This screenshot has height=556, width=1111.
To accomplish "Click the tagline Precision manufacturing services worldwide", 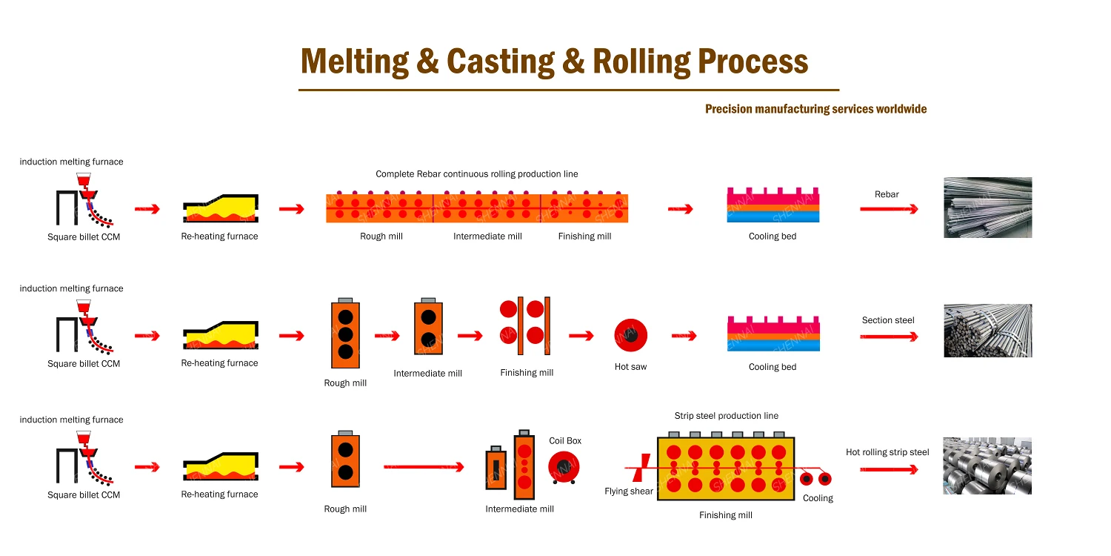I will coord(815,109).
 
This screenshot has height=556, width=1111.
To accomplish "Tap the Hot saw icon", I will coord(630,336).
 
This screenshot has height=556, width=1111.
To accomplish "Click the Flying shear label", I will coord(628,492).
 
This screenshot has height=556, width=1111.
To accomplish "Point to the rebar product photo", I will coord(987,208).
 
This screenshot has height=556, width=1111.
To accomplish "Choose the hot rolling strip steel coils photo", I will coord(987,466).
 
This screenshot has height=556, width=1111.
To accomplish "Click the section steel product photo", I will coord(987,331).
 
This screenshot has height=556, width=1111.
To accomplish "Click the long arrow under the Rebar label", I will coord(888,209).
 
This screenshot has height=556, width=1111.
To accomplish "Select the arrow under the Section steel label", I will coord(888,337).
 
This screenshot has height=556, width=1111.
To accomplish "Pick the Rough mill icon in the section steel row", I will coord(345,334).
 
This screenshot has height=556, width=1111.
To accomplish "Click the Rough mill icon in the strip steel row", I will coord(345,460).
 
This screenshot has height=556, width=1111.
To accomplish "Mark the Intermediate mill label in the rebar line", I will coord(487,236).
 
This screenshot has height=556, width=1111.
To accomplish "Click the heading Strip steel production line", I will coord(726,416).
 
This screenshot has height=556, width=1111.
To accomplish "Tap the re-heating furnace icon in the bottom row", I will coord(220,466).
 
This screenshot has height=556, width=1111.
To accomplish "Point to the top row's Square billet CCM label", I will coord(84,237).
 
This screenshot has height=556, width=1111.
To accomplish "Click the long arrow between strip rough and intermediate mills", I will coord(424,467).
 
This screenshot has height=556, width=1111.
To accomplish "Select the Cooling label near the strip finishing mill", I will coord(818,498).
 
